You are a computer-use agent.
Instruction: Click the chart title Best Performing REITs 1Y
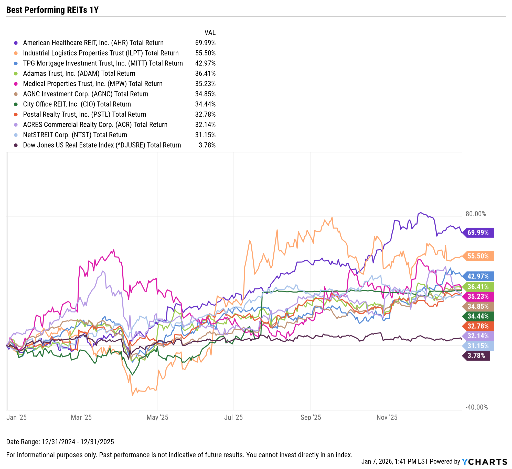(x=52, y=10)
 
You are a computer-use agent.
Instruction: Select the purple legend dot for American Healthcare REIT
(x=16, y=43)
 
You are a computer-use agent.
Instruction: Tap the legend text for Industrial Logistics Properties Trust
(x=101, y=53)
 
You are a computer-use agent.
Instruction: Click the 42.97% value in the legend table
(x=205, y=63)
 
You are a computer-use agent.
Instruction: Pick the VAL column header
(x=210, y=32)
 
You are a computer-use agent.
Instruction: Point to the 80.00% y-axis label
(x=476, y=214)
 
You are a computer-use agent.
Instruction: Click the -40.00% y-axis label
(x=476, y=407)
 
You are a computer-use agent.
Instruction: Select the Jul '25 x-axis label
(x=233, y=417)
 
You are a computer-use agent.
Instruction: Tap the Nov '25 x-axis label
(x=387, y=417)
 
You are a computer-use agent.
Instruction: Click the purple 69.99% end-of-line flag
(x=478, y=232)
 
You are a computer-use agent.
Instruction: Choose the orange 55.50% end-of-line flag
(x=478, y=256)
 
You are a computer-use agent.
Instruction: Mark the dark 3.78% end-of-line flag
(x=476, y=355)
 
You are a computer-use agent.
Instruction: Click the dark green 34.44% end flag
(x=478, y=316)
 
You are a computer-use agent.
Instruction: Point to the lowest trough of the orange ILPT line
(x=132, y=395)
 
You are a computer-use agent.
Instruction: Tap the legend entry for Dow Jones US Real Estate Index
(x=102, y=145)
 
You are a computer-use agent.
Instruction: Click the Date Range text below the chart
(x=60, y=442)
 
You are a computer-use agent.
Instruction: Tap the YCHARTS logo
(x=484, y=462)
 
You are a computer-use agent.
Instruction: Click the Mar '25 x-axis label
(x=81, y=417)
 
